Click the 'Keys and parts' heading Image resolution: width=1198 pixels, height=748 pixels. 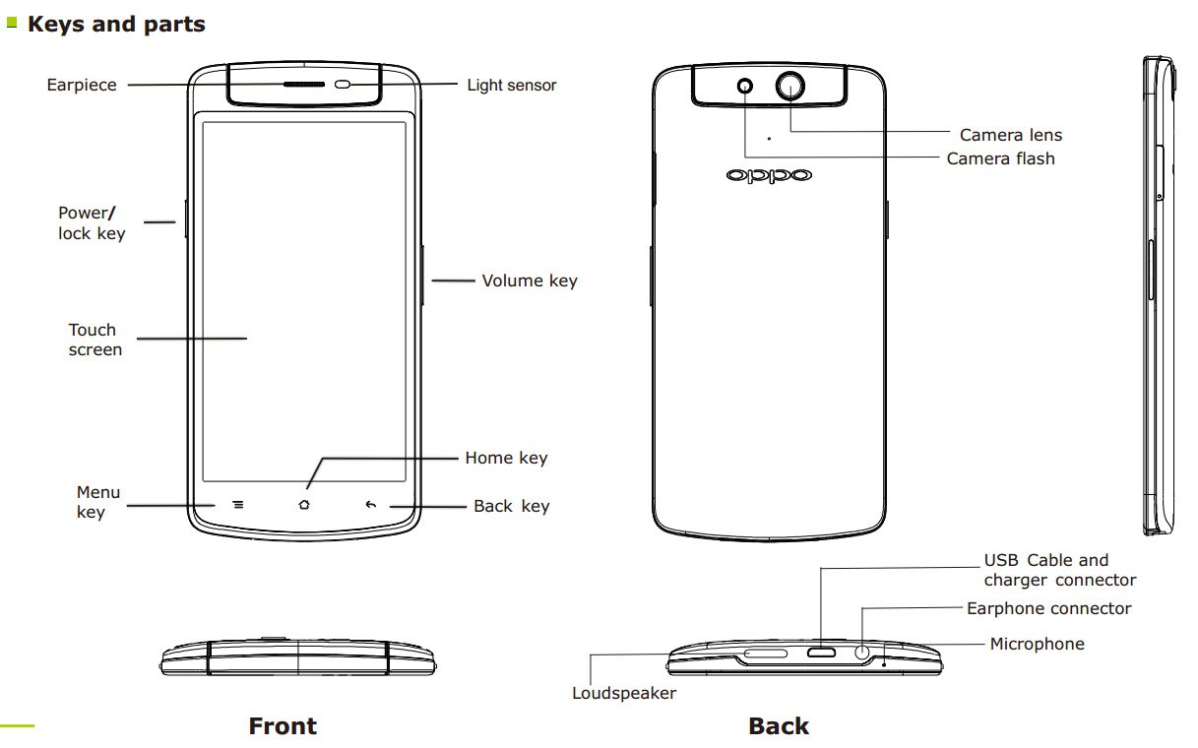click(x=116, y=25)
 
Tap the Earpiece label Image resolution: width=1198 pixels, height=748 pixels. click(x=82, y=85)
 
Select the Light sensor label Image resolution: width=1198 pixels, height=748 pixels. click(x=512, y=86)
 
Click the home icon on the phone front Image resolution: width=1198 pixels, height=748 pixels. click(x=303, y=505)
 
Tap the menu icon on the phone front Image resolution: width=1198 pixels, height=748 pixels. click(x=237, y=505)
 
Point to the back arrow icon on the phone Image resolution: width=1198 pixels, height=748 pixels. click(x=370, y=505)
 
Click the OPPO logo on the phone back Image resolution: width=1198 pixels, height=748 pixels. click(x=770, y=175)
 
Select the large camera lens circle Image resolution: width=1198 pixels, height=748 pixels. click(x=789, y=86)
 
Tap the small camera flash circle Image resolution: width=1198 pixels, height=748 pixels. click(x=745, y=86)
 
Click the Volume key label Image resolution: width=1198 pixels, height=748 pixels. click(x=530, y=280)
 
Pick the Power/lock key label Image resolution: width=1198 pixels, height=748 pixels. click(x=92, y=223)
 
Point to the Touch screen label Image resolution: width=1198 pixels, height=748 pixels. click(x=95, y=340)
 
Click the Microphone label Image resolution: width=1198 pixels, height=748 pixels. click(x=1037, y=644)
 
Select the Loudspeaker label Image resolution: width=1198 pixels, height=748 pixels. click(x=624, y=693)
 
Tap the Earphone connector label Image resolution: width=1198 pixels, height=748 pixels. click(x=1048, y=608)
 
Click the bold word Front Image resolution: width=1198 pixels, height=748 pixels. click(x=283, y=726)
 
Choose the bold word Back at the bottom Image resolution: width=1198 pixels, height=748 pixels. click(x=779, y=726)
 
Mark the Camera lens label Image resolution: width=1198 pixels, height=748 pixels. click(x=1011, y=135)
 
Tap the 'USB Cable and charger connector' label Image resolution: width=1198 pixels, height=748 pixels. click(x=1059, y=571)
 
